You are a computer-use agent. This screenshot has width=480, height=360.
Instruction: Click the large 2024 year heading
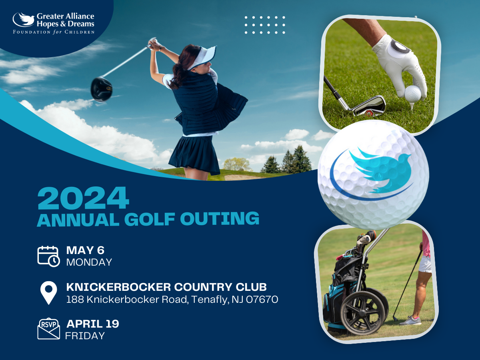83,198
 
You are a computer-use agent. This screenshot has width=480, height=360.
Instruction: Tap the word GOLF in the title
150,219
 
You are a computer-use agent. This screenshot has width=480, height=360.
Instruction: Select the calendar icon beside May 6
48,256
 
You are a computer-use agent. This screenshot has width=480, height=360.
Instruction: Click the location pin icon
48,293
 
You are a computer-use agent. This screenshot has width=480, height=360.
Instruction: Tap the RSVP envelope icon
48,329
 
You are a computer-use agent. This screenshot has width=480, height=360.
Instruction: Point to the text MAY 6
85,250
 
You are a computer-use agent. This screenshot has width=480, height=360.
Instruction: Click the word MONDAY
89,262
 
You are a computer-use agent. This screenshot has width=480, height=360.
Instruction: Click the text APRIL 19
93,324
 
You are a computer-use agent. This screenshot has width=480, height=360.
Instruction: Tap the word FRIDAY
85,336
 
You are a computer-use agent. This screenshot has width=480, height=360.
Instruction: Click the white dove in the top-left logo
24,20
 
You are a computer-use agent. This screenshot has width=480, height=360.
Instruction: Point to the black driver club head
102,89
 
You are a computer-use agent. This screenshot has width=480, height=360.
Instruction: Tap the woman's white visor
202,57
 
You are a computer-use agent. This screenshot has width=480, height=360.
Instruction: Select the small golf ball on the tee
413,94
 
